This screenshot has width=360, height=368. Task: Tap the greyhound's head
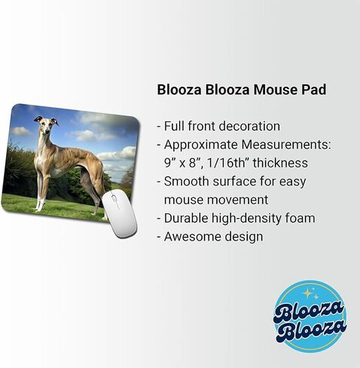coord(46,124)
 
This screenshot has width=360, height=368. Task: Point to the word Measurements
coord(286,145)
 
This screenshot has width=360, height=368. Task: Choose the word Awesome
coord(193,237)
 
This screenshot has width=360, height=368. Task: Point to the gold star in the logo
coord(307,293)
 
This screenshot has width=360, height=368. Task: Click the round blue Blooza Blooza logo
coord(311,316)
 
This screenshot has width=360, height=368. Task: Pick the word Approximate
coord(201,145)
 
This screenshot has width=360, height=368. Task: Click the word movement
coord(216,200)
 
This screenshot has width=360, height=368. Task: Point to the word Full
coord(174,126)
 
